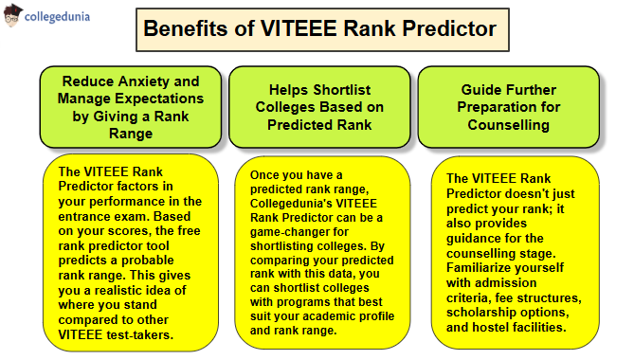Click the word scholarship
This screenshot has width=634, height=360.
(486, 312)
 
